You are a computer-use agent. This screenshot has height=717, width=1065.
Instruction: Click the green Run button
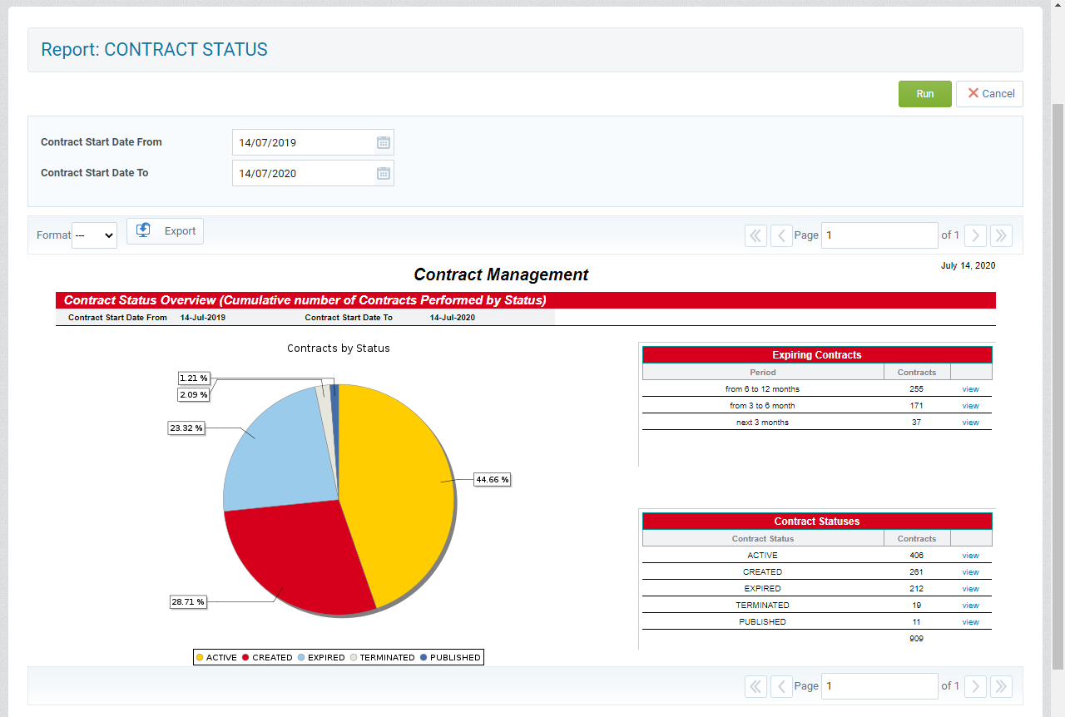924,94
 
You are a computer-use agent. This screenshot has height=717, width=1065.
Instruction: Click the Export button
165,231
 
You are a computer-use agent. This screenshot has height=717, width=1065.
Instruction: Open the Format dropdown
94,235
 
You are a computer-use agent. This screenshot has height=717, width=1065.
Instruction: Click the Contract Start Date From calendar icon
384,142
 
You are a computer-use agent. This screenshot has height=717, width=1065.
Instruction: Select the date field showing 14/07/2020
303,173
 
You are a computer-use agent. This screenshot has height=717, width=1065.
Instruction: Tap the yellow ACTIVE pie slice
399,482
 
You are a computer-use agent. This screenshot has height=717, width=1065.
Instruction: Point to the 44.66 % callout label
492,479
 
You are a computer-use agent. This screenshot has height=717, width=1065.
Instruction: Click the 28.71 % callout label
188,601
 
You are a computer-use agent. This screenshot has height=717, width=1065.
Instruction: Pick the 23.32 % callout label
186,428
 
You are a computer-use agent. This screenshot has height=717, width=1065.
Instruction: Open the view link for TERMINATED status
970,606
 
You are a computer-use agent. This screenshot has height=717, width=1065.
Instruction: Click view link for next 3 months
970,423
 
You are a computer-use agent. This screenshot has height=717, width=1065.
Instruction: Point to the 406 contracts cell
916,556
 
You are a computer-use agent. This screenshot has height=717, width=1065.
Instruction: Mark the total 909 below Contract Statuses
916,639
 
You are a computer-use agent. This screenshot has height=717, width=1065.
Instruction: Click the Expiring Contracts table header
816,355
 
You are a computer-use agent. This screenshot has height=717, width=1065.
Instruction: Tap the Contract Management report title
501,274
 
